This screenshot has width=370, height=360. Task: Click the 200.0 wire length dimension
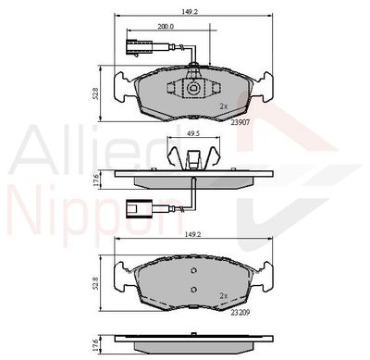[x=166, y=27]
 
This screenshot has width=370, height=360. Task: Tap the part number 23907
[x=240, y=122]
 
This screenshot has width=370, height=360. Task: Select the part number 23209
[x=240, y=313]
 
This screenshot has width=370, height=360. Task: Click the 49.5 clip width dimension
[x=194, y=133]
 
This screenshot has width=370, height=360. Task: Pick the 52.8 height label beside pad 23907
[x=96, y=93]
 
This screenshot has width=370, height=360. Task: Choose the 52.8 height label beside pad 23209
[x=96, y=283]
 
